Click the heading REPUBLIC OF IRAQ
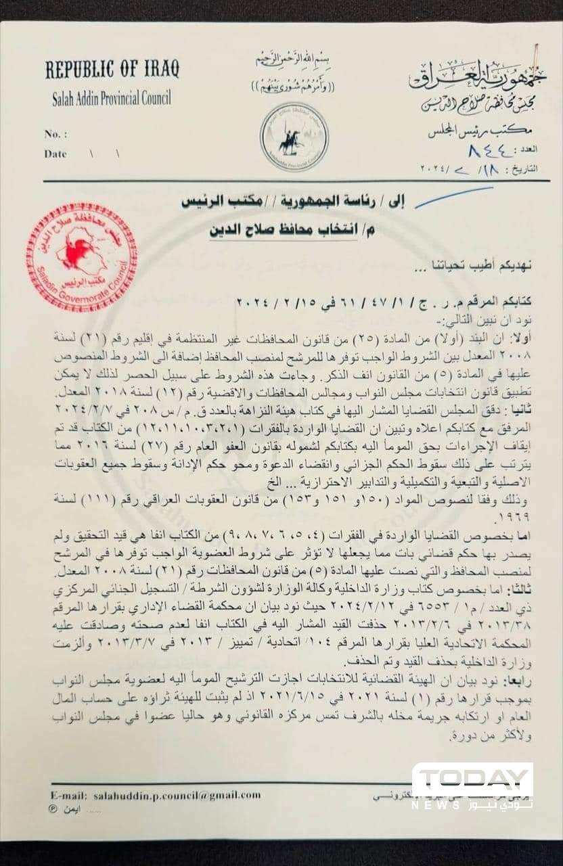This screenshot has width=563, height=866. [112, 69]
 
